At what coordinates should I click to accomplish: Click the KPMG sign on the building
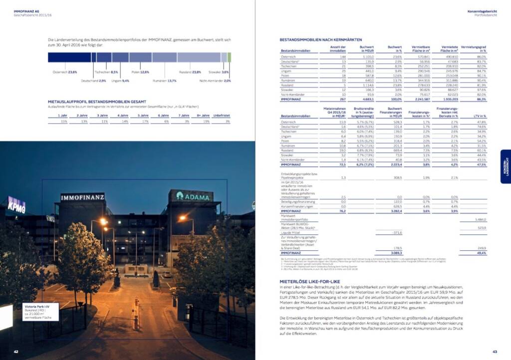coord(16,204)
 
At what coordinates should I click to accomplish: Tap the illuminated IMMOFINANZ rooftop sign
coord(83,198)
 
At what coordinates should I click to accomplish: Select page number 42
coord(16,352)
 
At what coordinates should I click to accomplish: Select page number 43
coord(495,352)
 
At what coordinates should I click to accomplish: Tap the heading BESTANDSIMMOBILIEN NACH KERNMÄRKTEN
coord(321,39)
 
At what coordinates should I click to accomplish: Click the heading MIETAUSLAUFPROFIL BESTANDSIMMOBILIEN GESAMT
coord(97,101)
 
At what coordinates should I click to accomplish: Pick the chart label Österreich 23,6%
coord(65,72)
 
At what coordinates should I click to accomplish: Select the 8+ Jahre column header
coord(203,116)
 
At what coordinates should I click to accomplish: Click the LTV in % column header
coord(480,116)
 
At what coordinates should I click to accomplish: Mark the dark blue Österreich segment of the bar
coord(70,57)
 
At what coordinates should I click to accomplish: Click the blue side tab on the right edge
coord(506,167)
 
